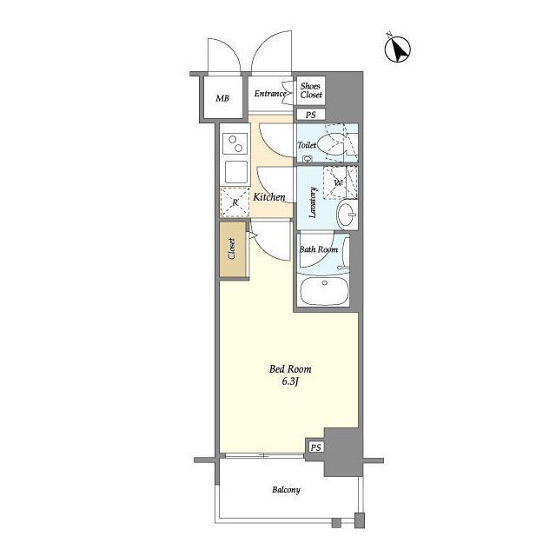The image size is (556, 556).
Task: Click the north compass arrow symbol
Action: coord(398,49)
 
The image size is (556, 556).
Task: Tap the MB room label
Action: coord(222,98)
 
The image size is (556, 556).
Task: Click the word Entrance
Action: coord(270,94)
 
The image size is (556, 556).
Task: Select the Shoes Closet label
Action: coord(311,90)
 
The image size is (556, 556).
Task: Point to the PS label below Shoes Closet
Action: coord(311,115)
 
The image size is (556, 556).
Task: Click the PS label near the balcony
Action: coord(315,447)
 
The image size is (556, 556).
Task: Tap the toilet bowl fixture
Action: coord(332,145)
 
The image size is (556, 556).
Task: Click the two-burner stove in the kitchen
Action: coord(235,144)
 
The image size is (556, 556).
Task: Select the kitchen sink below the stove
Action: coord(235,172)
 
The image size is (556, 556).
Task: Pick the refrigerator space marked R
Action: coord(235,202)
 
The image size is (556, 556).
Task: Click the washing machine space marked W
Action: coord(340,182)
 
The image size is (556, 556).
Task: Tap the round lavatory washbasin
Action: coord(347,215)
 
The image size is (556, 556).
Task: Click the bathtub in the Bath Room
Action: coord(323,290)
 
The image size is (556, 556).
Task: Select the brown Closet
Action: coord(233,249)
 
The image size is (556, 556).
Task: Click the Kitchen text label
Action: coord(268,197)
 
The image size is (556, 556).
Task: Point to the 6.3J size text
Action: coord(289,382)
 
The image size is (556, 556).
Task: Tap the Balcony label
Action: coord(286,490)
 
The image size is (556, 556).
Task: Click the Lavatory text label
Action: coord(313,202)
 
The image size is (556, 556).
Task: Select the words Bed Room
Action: coord(290,369)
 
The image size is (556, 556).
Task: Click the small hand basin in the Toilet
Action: coord(307,159)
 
